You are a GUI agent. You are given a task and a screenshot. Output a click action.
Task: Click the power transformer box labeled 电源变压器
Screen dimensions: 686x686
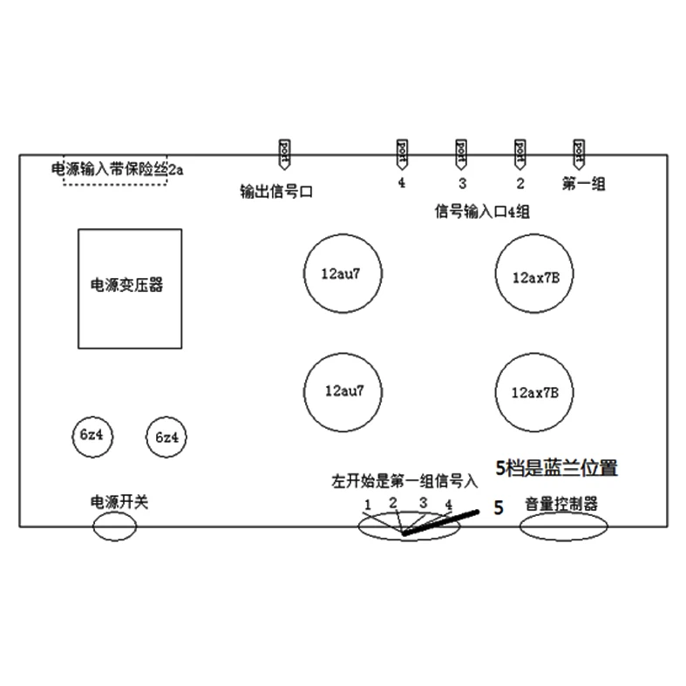[x=130, y=287]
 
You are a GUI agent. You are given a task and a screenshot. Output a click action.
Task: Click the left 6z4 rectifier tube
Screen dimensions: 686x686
[x=91, y=435]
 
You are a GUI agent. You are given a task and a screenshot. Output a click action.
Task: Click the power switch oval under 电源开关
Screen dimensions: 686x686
[x=115, y=526]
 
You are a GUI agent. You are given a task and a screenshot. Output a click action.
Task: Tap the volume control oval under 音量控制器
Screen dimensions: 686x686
[x=563, y=526]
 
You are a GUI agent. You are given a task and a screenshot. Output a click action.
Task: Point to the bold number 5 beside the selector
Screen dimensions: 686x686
[x=499, y=507]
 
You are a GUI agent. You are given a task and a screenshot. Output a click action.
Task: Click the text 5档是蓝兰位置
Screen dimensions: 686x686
[x=556, y=468]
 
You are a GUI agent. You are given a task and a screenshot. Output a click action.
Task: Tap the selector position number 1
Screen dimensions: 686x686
[x=369, y=506]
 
